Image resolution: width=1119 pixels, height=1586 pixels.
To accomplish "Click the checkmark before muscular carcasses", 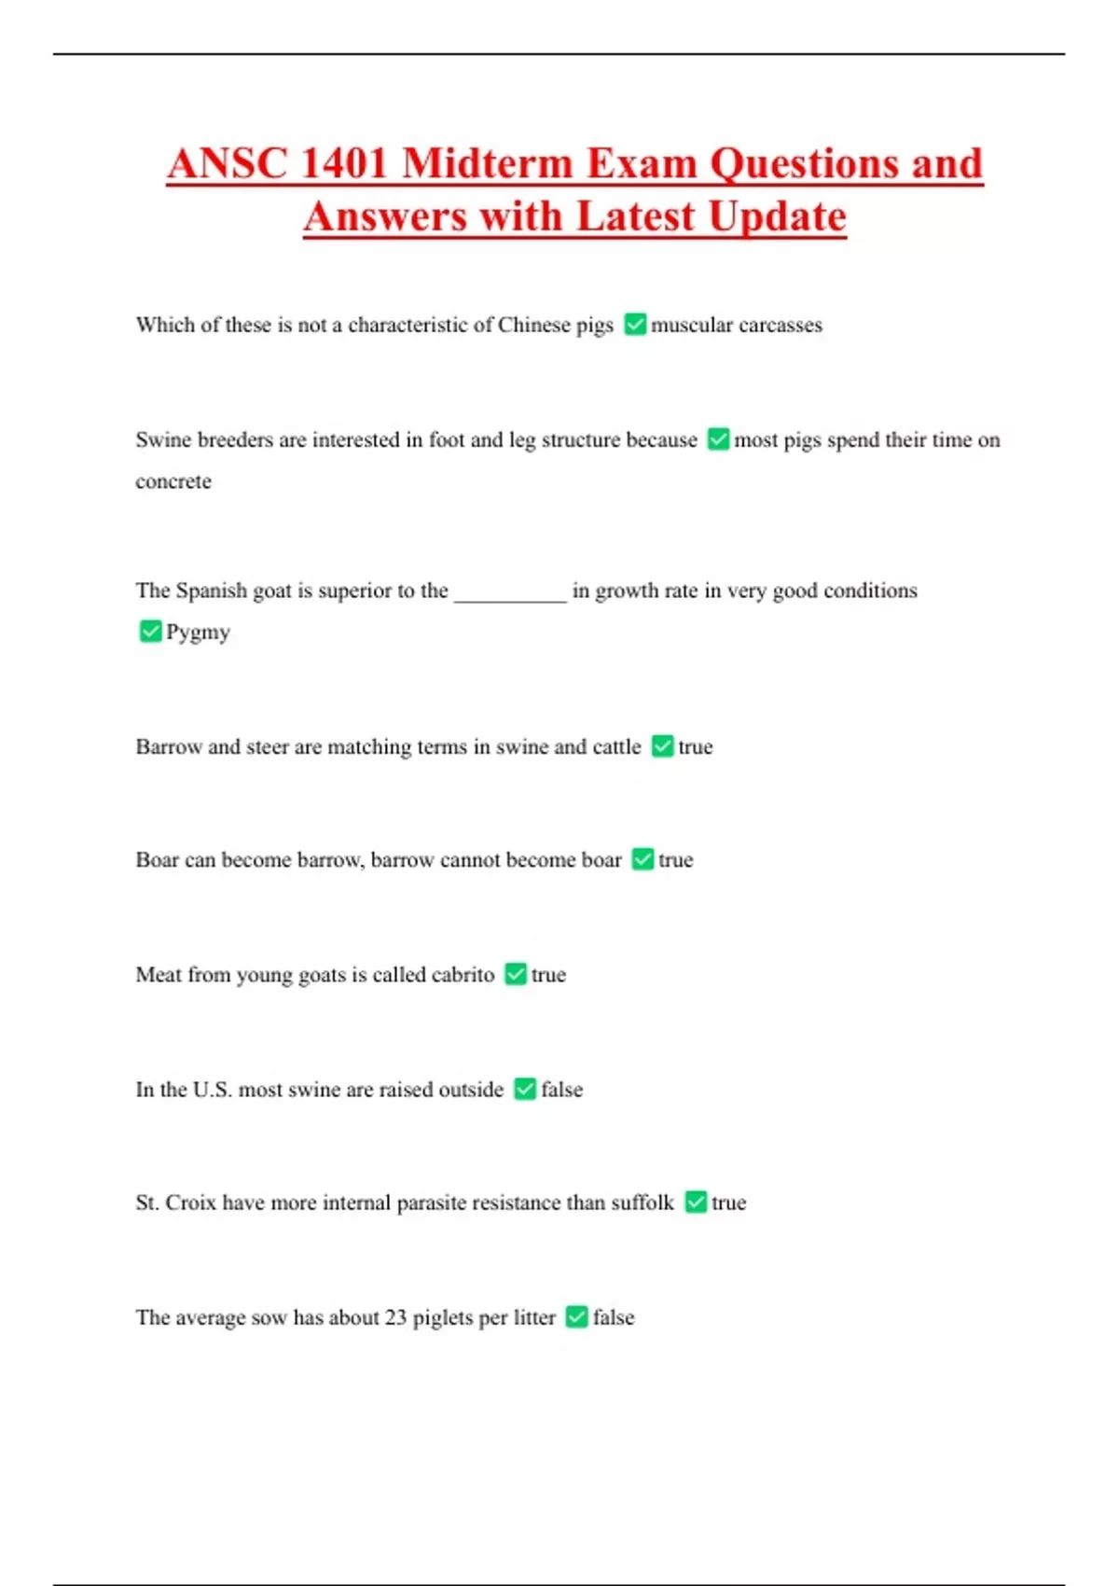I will [635, 325].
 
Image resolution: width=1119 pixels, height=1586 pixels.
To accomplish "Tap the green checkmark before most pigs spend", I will [718, 439].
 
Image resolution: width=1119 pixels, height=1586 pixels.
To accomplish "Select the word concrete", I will [173, 481].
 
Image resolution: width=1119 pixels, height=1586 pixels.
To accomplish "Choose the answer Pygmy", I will [198, 633].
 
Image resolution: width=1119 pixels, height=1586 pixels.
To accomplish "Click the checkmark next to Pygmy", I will [150, 632].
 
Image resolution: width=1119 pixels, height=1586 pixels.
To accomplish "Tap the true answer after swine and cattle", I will [696, 746].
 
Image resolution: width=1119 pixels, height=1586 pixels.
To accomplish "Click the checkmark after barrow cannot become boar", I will [642, 859].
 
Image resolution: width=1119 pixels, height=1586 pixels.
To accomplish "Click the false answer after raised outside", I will [561, 1090].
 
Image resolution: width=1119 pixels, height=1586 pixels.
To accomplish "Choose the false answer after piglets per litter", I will [614, 1317].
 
